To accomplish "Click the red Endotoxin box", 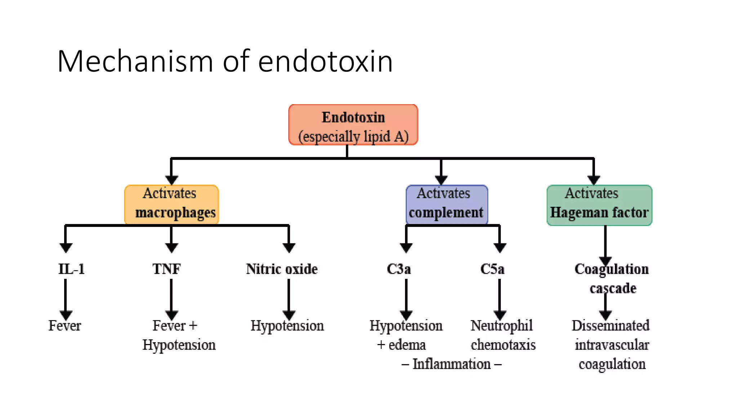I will [x=353, y=125].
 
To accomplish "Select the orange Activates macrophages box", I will [x=172, y=205].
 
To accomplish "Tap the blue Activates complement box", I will [x=446, y=205].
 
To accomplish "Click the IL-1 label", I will [x=71, y=269].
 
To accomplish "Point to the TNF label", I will [x=166, y=269].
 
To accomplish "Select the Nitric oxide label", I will [x=282, y=269].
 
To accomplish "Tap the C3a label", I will [x=399, y=269].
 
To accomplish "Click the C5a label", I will [x=492, y=269].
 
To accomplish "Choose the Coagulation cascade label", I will [x=612, y=278].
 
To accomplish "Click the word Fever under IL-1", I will [x=65, y=326].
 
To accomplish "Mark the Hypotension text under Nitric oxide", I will [x=287, y=326].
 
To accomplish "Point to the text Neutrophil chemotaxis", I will [x=503, y=335].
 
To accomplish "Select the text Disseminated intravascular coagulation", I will [x=612, y=345].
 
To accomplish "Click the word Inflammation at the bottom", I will [x=452, y=364].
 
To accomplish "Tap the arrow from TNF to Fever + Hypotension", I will [x=172, y=297].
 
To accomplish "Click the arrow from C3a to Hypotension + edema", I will [x=406, y=297].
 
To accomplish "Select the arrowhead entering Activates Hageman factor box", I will [x=593, y=179].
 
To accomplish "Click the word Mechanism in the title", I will [x=135, y=61].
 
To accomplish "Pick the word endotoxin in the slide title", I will [x=325, y=61].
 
